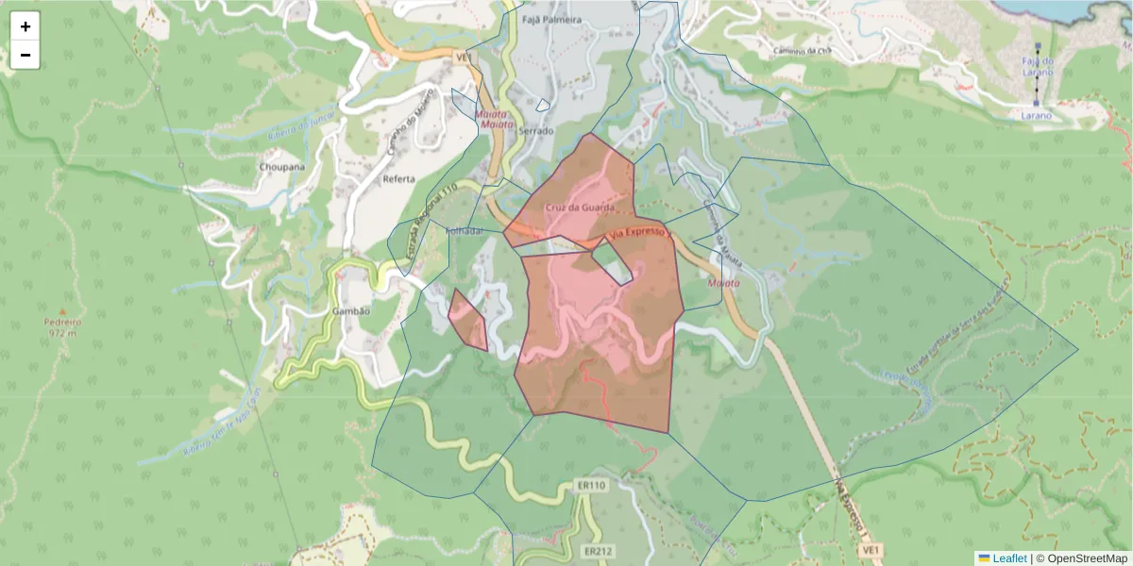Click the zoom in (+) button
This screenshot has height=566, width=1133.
coord(25,26)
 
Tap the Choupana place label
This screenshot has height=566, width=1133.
coord(282,167)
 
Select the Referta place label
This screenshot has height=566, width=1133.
coord(399,178)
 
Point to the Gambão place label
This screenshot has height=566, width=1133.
coord(350,310)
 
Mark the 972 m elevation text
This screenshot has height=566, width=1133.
coord(59,332)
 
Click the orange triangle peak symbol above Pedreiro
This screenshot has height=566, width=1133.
coord(63,310)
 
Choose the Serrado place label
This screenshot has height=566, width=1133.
coord(535,130)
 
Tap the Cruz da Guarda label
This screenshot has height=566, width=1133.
coord(580,207)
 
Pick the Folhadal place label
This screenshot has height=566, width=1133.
coord(464,230)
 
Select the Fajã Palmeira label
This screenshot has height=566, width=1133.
coord(552,20)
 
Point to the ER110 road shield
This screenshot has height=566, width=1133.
coord(590,485)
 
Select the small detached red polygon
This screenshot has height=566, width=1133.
coord(467,321)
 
